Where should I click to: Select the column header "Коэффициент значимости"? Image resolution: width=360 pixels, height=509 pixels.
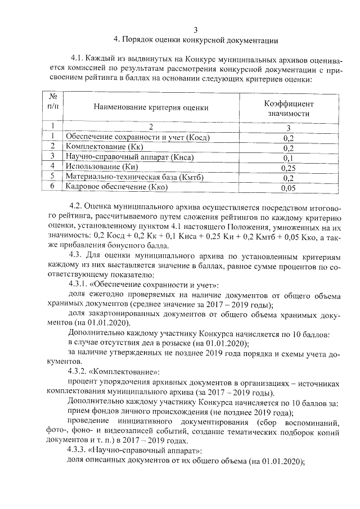click(x=289, y=109)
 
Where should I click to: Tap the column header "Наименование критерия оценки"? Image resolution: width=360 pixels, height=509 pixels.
click(x=151, y=107)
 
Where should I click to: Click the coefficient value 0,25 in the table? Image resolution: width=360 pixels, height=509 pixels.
click(x=289, y=167)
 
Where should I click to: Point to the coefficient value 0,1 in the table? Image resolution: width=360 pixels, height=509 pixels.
click(x=289, y=157)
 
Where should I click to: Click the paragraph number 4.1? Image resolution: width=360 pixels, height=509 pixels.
click(x=78, y=59)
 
